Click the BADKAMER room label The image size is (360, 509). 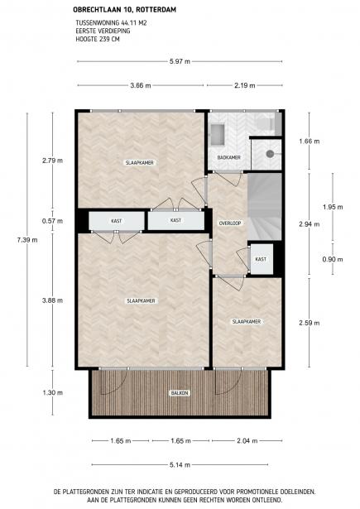(229, 157)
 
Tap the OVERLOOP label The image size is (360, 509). (229, 223)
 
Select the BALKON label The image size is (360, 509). (180, 392)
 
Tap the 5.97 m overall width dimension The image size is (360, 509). (180, 61)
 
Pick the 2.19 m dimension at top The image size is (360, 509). (244, 84)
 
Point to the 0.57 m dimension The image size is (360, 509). (55, 220)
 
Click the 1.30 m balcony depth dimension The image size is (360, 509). (55, 392)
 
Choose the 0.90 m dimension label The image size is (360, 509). (332, 260)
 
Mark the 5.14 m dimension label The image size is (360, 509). (180, 463)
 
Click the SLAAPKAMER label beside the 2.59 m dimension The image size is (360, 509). (247, 321)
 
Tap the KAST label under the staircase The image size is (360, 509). (261, 259)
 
